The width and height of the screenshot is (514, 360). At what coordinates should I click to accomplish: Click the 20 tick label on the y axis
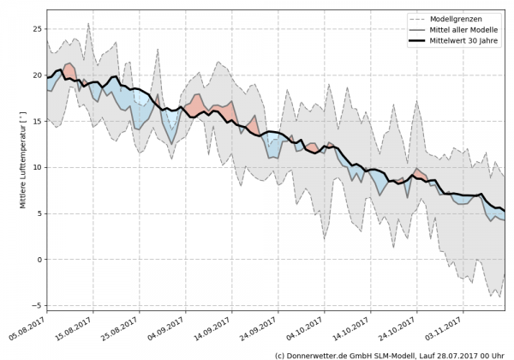[x=37, y=75]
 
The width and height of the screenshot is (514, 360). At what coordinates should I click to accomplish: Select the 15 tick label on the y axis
[x=37, y=122]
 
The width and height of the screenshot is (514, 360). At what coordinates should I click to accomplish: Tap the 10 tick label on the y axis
[x=37, y=167]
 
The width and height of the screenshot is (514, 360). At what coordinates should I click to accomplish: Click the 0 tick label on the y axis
[x=39, y=260]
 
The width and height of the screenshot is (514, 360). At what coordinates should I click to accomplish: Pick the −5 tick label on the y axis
[x=37, y=305]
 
